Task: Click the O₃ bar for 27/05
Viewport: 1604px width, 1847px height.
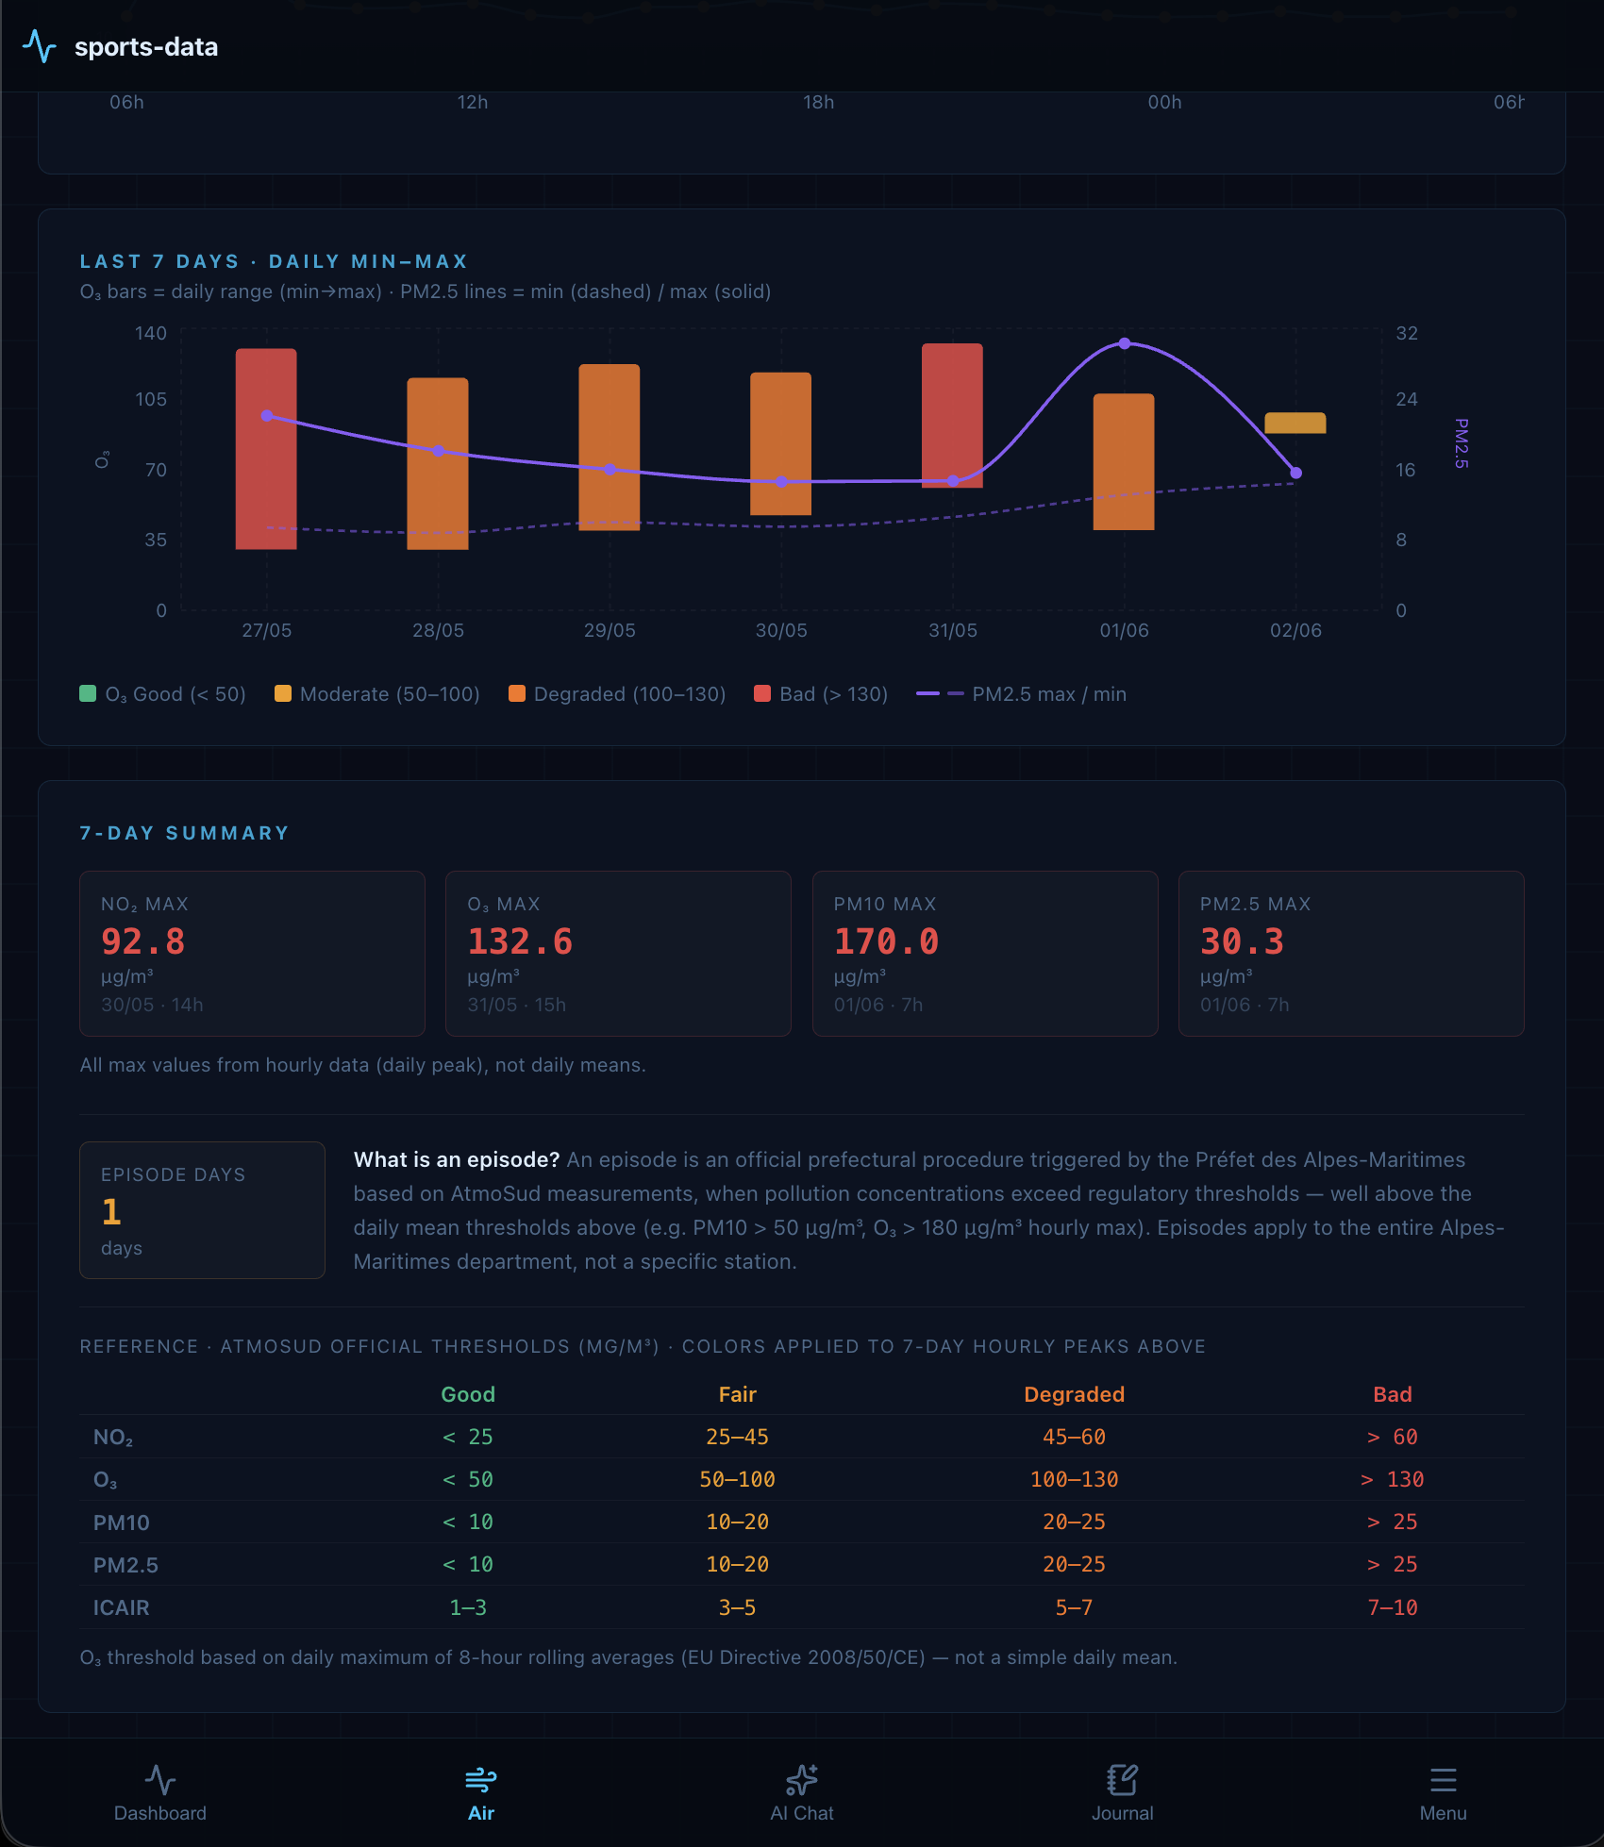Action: pos(266,449)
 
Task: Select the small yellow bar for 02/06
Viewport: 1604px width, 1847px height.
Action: pos(1295,423)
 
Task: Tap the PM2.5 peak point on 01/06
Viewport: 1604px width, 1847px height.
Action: pos(1125,343)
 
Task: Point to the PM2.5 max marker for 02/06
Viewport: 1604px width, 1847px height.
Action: pos(1296,473)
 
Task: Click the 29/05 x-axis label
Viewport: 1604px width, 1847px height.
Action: pos(610,630)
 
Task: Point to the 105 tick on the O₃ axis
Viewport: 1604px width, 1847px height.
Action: pos(151,399)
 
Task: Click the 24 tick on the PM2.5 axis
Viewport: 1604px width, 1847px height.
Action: pos(1407,399)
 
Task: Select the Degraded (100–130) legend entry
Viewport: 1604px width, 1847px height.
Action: pos(617,694)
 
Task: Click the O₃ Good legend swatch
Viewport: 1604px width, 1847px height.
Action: pos(88,693)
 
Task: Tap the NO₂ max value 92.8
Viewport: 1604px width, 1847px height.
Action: pos(143,941)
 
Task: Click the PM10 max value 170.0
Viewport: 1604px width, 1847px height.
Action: pos(886,941)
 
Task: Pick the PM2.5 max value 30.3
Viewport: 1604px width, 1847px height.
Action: pos(1242,941)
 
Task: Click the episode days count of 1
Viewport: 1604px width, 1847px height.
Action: pos(111,1211)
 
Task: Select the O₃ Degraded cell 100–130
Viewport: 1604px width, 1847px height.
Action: pos(1074,1479)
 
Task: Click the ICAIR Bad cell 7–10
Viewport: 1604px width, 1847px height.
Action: pos(1393,1607)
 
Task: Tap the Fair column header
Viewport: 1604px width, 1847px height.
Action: pos(738,1394)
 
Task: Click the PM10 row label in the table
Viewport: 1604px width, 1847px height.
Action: pos(122,1523)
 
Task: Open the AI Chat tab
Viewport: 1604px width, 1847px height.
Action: pos(802,1793)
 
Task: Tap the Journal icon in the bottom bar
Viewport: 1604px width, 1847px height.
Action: pos(1123,1780)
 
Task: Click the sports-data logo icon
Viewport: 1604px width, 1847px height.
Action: pos(40,46)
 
